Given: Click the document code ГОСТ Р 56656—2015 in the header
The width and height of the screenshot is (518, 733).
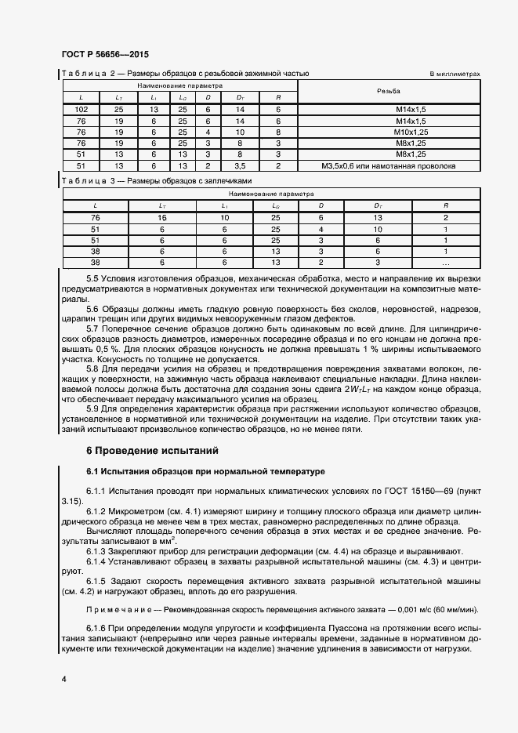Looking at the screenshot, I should (x=104, y=55).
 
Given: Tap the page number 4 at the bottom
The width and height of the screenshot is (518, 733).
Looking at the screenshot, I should (x=63, y=677).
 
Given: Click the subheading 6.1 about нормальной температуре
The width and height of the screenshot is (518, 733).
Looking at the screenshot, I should (x=205, y=471).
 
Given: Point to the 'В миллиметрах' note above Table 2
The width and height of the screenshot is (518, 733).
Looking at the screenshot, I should (x=455, y=74).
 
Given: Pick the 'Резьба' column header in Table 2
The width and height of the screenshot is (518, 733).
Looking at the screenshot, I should (x=389, y=92).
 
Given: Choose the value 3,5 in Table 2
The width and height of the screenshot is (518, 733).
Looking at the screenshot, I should (x=240, y=166).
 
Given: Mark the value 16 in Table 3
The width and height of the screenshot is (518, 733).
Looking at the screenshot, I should (x=162, y=217).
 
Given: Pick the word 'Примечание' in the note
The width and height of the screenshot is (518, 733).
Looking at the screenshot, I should (x=115, y=611).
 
